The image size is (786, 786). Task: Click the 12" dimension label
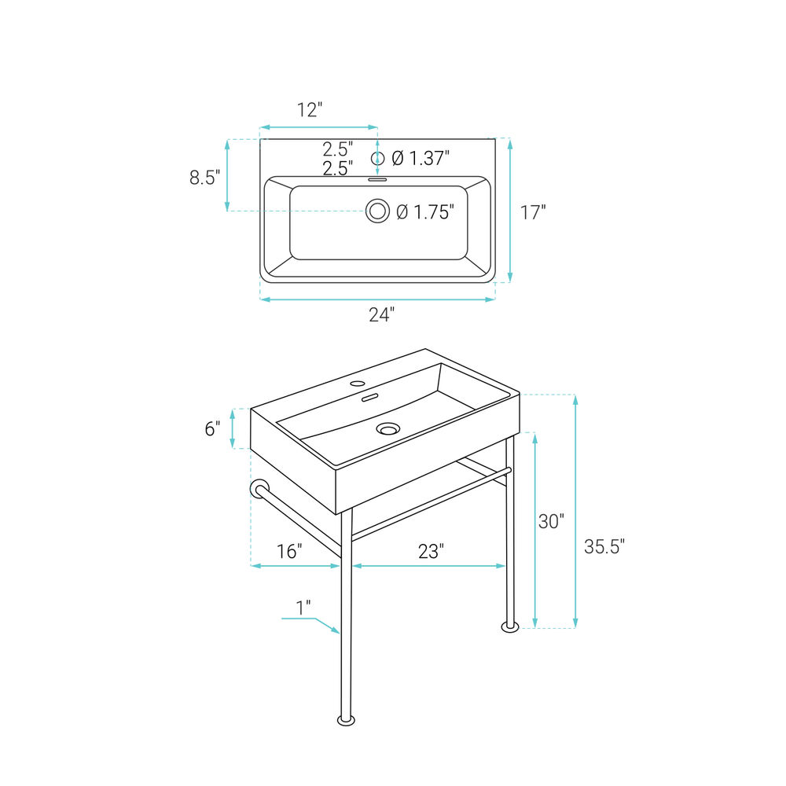tap(309, 110)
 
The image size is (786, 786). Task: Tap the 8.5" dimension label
tap(204, 178)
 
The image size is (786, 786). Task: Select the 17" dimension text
tap(532, 212)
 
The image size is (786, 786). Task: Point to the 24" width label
tap(381, 315)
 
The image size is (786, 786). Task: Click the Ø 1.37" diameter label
tap(420, 159)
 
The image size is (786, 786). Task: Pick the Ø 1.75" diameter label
tap(425, 212)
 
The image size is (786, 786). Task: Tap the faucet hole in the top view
tap(377, 159)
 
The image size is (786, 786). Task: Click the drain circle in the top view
tap(377, 211)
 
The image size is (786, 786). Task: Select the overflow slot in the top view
tap(377, 179)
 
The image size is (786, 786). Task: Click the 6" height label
tap(212, 429)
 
